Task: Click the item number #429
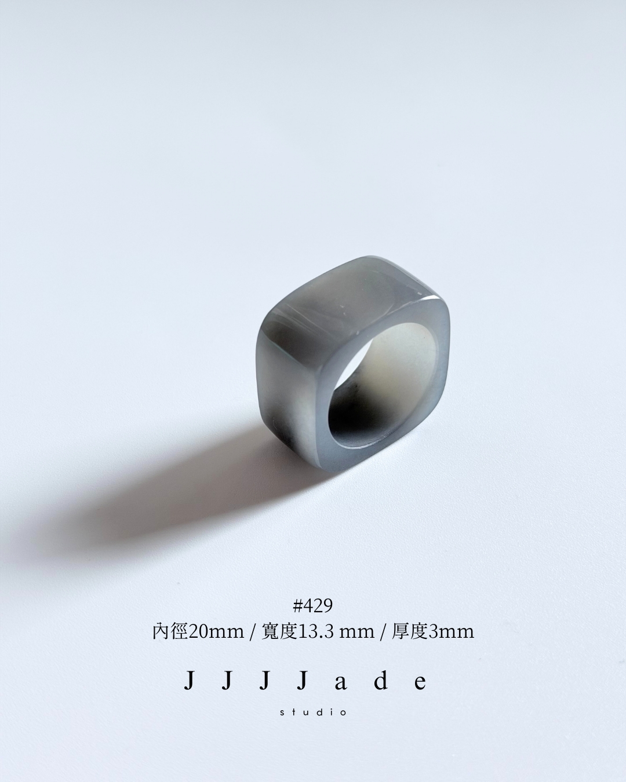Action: pyautogui.click(x=313, y=606)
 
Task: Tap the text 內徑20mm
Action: pyautogui.click(x=198, y=632)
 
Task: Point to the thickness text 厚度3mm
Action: pyautogui.click(x=433, y=632)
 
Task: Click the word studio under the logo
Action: pyautogui.click(x=313, y=712)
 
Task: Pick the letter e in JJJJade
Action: pyautogui.click(x=420, y=683)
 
